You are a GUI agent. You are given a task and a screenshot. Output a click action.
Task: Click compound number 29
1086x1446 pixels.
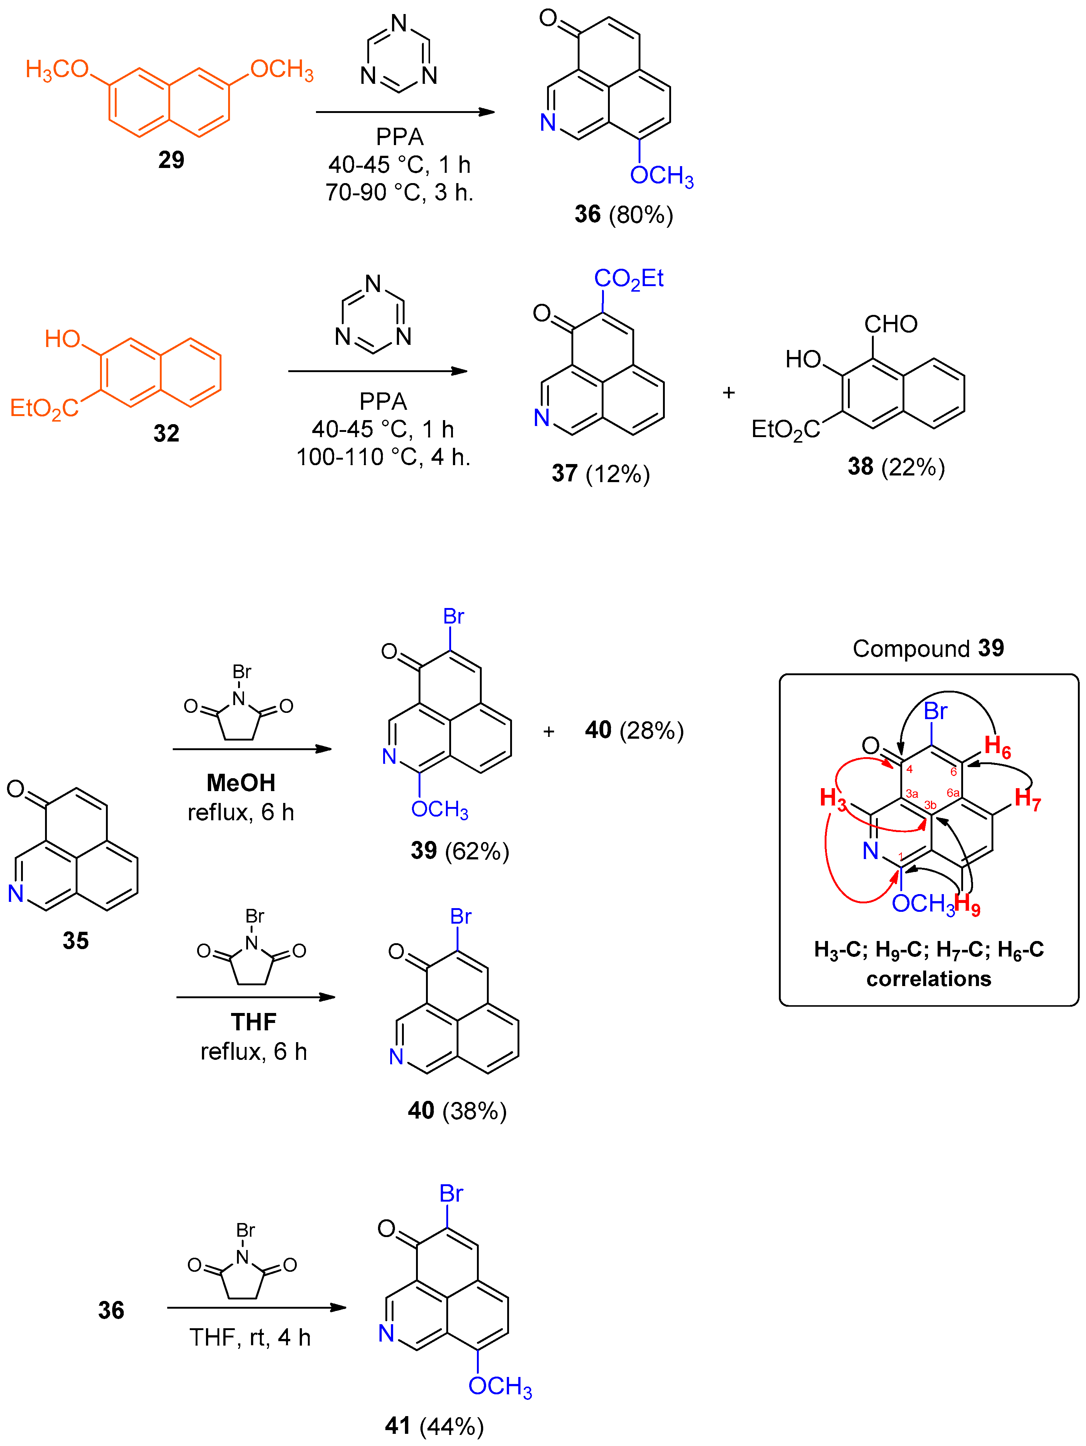coord(171,159)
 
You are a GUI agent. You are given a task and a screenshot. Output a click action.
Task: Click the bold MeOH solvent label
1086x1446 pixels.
coord(241,783)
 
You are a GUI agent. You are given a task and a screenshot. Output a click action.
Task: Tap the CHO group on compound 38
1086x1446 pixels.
coord(890,324)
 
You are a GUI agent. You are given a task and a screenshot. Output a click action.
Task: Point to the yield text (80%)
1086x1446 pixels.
coord(641,215)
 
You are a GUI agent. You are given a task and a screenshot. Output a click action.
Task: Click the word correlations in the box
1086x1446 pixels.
coord(928,979)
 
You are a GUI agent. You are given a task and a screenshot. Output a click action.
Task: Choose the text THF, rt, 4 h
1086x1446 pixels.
coord(250,1337)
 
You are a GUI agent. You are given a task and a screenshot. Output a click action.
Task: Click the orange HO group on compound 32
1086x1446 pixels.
coord(62,339)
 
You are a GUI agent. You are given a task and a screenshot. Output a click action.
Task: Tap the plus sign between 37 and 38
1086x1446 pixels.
coord(728,393)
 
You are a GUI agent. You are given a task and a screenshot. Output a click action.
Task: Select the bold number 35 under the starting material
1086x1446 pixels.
coord(75,941)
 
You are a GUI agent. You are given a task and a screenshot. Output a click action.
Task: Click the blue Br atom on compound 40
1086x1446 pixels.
coord(460,917)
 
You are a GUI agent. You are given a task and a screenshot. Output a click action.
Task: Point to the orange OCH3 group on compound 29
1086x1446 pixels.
coord(282,69)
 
